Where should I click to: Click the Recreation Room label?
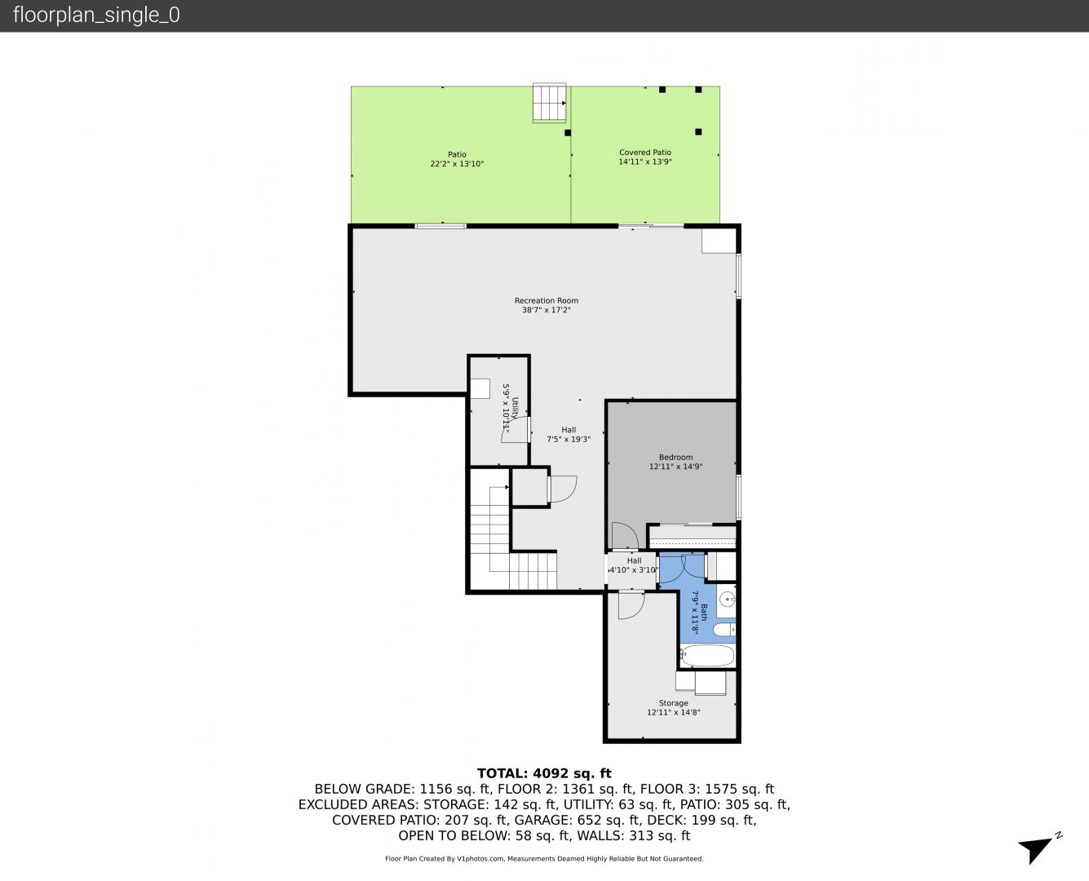coord(546,301)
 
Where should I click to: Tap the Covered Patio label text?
coord(644,153)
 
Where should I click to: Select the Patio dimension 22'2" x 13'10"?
coord(457,164)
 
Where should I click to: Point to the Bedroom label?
coord(675,457)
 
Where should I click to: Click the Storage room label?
coord(673,703)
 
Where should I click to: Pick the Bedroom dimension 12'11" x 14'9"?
coord(675,467)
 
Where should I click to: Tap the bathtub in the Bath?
coord(707,656)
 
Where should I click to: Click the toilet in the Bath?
coord(724,630)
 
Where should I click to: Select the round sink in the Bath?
coord(727,599)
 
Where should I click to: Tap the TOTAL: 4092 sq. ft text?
coord(544,773)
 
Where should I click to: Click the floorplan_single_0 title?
coord(96,15)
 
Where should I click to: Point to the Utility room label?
coord(515,408)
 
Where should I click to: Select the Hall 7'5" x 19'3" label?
coord(569,435)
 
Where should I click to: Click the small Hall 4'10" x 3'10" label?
coord(634,565)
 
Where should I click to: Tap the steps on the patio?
coord(550,103)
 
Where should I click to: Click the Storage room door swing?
coord(631,605)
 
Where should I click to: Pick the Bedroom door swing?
coord(625,536)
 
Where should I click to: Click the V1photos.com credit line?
coord(544,858)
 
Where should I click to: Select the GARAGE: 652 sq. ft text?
coord(578,820)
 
